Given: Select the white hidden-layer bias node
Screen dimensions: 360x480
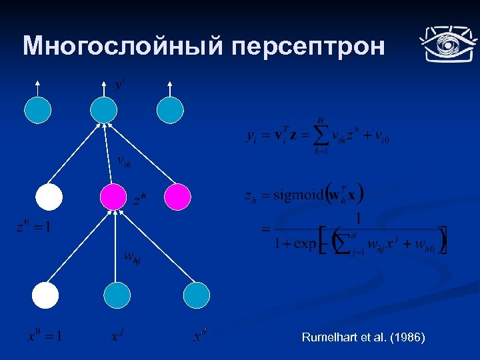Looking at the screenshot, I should [x=49, y=197].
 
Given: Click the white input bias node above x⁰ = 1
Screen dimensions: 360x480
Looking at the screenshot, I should [x=47, y=295].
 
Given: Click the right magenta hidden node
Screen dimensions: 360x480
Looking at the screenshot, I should [x=178, y=197].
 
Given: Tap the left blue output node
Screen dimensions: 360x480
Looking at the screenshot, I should [x=38, y=110].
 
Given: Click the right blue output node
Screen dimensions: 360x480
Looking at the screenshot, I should [x=170, y=110].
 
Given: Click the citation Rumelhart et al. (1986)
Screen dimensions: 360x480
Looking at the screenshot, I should [x=363, y=338].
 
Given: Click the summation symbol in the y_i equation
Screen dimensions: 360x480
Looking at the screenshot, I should [x=321, y=137].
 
